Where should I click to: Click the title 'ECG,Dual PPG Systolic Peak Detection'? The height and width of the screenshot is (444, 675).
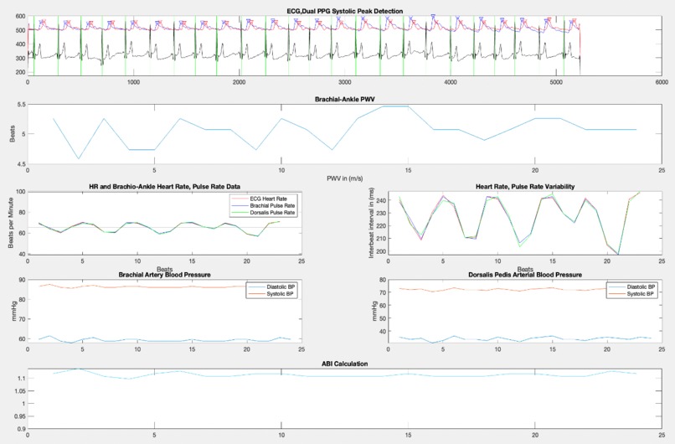click(345, 10)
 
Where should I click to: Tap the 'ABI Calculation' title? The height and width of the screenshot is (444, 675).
click(345, 364)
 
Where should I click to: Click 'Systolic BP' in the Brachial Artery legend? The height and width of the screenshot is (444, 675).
click(274, 293)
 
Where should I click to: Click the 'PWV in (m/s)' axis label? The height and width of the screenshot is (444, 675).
click(345, 177)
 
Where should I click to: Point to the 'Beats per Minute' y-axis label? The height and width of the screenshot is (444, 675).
click(12, 223)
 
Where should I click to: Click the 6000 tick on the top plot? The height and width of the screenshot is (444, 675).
click(662, 83)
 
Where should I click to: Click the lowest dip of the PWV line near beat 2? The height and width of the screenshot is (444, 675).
click(79, 158)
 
